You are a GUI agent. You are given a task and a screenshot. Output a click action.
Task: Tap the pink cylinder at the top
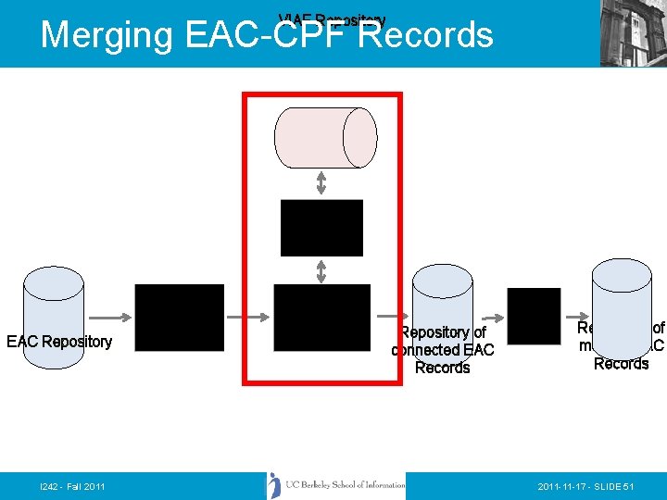tap(325, 138)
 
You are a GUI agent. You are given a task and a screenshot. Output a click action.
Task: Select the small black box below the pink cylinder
tap(321, 228)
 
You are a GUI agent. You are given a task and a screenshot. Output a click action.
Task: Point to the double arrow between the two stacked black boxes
tap(321, 270)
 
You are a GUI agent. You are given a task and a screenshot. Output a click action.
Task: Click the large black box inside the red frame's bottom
tap(321, 318)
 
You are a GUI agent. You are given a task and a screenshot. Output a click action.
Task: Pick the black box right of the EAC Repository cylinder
tap(180, 318)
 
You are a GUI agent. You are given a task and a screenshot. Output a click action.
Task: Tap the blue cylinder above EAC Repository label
tap(54, 296)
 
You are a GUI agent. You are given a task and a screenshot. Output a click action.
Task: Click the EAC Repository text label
tap(59, 342)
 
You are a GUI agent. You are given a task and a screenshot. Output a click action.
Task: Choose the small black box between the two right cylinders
tap(534, 316)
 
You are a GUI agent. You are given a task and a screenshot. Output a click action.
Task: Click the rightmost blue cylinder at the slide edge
tap(622, 306)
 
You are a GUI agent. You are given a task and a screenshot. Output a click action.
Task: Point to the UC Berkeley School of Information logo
tap(336, 485)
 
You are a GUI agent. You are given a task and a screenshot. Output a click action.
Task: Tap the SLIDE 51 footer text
tap(609, 486)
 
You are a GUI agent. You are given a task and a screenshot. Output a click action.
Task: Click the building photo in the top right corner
tap(633, 33)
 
